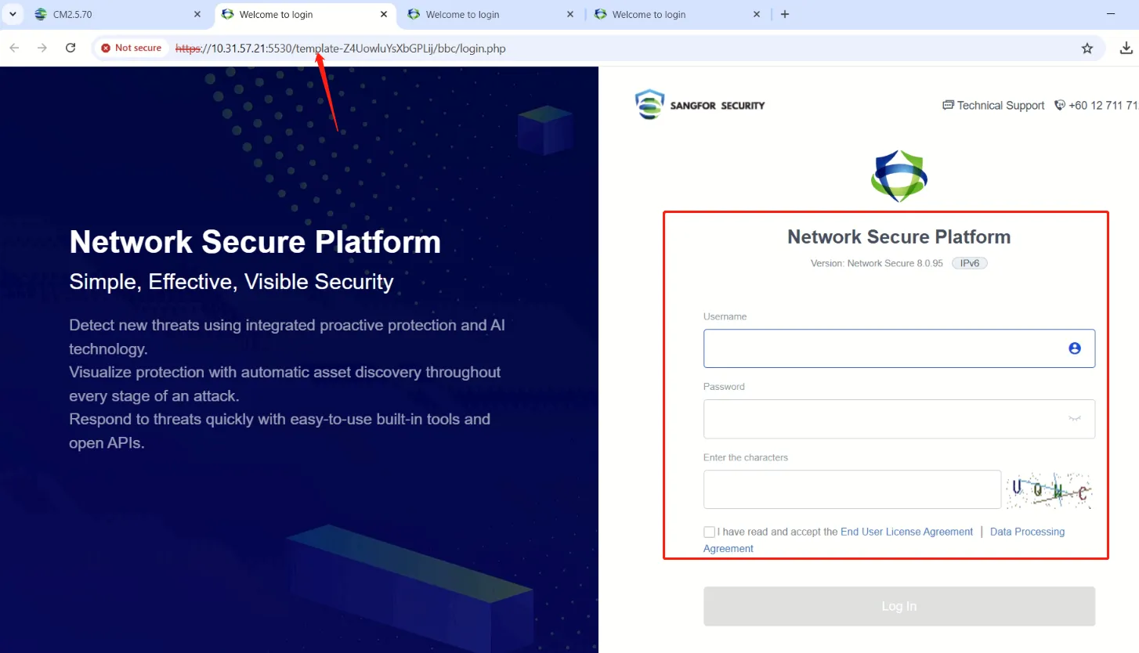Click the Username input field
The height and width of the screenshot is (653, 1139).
[881, 348]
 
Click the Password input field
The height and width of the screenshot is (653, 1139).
[881, 419]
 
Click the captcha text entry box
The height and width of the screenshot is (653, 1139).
[852, 489]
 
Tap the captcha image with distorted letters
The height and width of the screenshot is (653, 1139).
[1050, 490]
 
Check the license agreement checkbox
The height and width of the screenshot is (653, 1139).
[709, 532]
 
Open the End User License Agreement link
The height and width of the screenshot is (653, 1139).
[906, 532]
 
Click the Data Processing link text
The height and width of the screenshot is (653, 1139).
[1027, 532]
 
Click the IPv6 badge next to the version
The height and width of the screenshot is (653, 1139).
[970, 263]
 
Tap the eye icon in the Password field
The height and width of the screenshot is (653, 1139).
[1075, 419]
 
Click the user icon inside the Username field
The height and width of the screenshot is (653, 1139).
[1075, 348]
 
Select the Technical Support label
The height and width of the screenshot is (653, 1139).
[1000, 106]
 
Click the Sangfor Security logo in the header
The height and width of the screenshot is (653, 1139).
[700, 105]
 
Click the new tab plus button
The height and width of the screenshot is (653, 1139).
[785, 14]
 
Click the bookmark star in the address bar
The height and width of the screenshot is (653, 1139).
[1087, 49]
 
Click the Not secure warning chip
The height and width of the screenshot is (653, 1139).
[131, 48]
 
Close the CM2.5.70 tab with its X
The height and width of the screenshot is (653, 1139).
[197, 14]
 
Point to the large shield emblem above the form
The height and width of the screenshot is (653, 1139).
[899, 176]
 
